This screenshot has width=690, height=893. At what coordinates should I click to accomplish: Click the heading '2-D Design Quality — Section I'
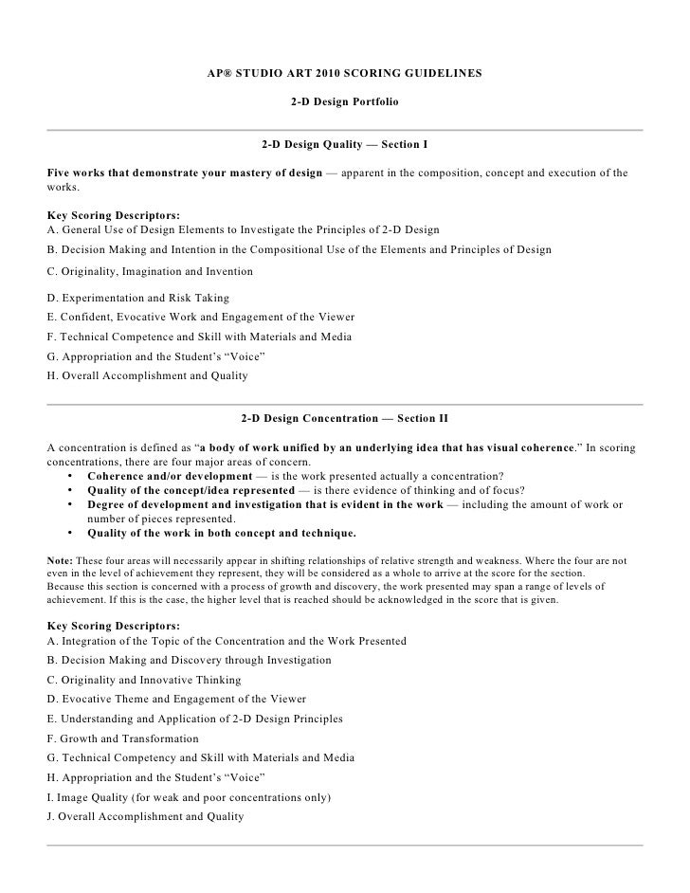tap(344, 147)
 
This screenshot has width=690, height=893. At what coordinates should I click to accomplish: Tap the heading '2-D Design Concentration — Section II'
tap(344, 417)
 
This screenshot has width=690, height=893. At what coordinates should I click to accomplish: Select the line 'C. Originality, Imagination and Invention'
tap(149, 271)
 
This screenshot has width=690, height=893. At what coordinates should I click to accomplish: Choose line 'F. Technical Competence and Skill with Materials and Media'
tap(199, 337)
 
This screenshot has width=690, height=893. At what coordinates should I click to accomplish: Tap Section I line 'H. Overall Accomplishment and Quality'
tap(147, 376)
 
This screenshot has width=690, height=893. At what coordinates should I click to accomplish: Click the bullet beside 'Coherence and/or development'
tap(72, 475)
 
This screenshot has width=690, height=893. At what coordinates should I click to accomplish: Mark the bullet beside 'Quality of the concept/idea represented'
tap(72, 490)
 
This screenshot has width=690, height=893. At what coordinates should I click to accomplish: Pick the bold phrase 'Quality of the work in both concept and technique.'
tap(222, 532)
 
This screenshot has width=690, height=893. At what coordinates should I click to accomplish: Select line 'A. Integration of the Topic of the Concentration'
tap(226, 641)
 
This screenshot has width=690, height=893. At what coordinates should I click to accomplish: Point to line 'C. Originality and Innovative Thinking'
tap(143, 680)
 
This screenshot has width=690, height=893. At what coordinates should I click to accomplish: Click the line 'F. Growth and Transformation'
tap(122, 738)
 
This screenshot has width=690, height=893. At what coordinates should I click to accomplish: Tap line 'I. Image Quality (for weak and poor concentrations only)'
tap(188, 797)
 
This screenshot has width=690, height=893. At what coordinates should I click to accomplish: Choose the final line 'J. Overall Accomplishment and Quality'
tap(144, 816)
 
